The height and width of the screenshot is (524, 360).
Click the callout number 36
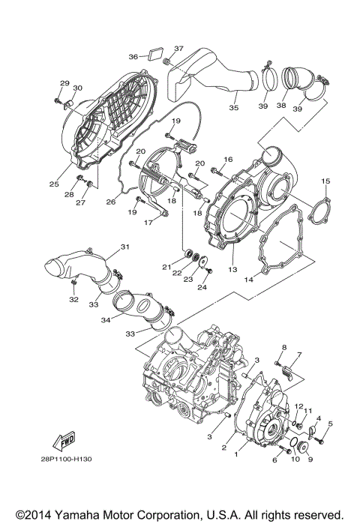pos(133,56)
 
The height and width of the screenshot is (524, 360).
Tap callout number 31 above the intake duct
pos(125,247)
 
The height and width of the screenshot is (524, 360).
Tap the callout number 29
pos(64,83)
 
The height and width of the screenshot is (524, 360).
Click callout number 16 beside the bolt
pos(229,159)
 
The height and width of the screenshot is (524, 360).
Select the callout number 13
pos(232,268)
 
